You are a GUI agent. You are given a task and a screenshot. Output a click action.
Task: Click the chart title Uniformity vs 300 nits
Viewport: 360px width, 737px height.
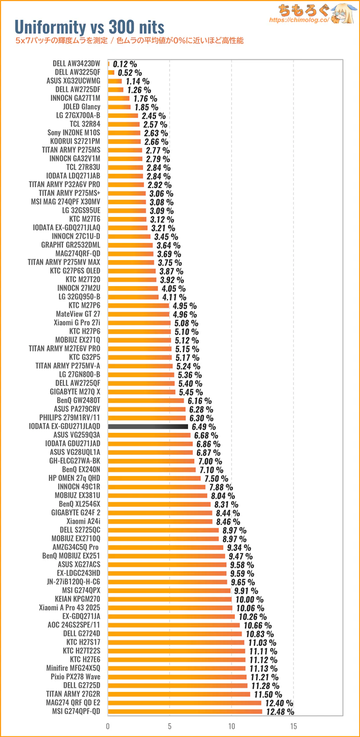pyautogui.click(x=90, y=27)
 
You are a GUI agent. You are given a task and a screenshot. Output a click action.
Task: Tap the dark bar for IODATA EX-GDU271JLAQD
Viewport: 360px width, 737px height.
pyautogui.click(x=148, y=426)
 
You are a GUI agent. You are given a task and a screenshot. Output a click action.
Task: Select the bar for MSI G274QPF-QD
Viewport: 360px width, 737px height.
pyautogui.click(x=185, y=711)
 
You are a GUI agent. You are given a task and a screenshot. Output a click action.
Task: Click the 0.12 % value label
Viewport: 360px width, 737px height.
pyautogui.click(x=125, y=64)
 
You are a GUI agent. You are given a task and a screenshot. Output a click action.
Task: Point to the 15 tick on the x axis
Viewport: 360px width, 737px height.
pyautogui.click(x=293, y=726)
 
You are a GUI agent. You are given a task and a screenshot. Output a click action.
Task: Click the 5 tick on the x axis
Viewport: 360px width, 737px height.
pyautogui.click(x=170, y=726)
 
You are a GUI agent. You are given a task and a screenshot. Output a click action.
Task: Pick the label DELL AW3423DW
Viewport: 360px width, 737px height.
pyautogui.click(x=76, y=63)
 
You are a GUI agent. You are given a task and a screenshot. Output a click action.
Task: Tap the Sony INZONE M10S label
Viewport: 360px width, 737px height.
pyautogui.click(x=74, y=133)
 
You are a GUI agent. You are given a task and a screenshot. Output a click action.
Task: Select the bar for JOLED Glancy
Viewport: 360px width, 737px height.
pyautogui.click(x=119, y=107)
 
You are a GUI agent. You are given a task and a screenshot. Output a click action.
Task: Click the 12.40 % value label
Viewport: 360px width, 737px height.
pyautogui.click(x=279, y=703)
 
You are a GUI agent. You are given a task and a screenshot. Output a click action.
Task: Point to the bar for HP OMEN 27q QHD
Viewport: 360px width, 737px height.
pyautogui.click(x=154, y=478)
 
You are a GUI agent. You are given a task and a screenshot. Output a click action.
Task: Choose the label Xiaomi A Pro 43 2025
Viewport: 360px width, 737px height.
pyautogui.click(x=69, y=607)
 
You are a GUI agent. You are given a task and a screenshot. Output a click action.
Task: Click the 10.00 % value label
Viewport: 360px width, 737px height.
pyautogui.click(x=249, y=599)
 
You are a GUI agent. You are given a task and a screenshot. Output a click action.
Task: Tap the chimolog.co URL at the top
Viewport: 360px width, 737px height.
pyautogui.click(x=299, y=20)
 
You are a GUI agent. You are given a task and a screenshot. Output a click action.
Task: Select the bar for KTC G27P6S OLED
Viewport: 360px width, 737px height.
pyautogui.click(x=132, y=271)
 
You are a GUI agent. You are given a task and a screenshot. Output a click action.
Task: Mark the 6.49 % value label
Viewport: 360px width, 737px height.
pyautogui.click(x=203, y=427)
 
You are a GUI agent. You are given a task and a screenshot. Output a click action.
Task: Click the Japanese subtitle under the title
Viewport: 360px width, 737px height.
pyautogui.click(x=129, y=41)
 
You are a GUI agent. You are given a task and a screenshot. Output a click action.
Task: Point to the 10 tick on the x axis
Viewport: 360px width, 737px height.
pyautogui.click(x=231, y=726)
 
